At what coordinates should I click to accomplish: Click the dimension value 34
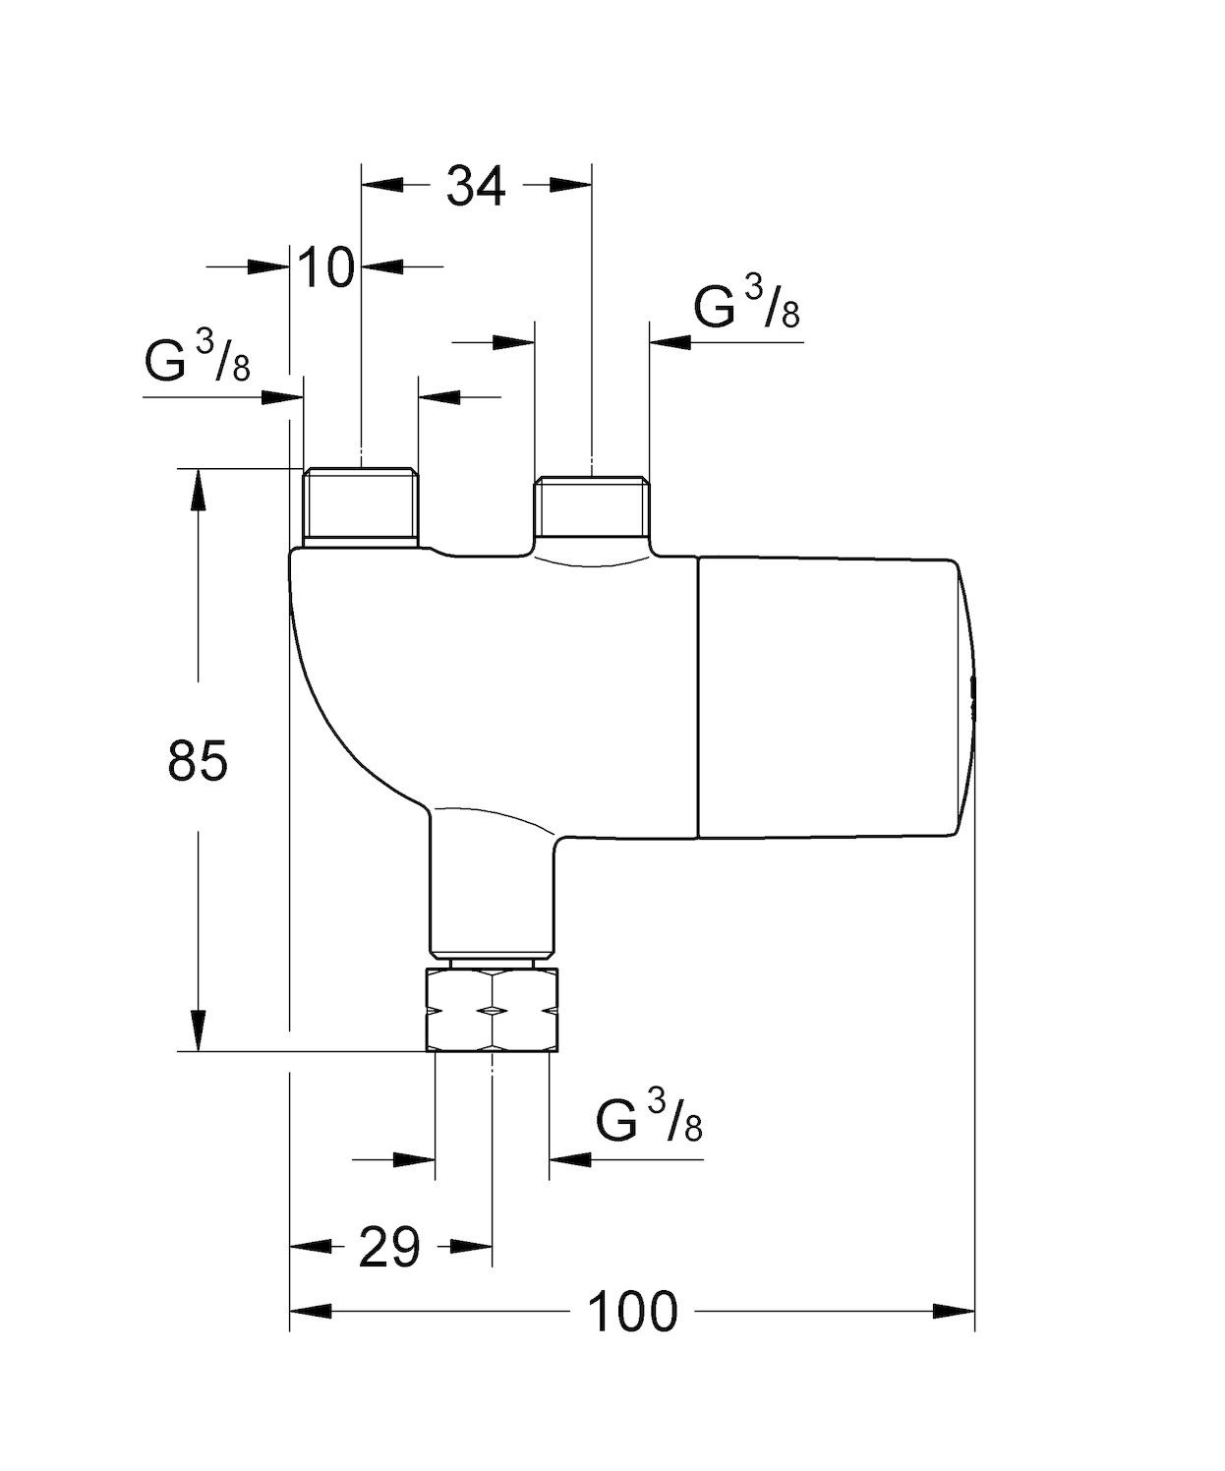(x=476, y=185)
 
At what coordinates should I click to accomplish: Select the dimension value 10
(x=325, y=266)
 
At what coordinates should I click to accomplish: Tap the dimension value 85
(x=198, y=759)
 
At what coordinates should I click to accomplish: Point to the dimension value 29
(x=389, y=1247)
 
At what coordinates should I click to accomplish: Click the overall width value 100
(x=632, y=1311)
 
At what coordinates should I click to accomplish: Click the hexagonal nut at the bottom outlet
(x=493, y=1011)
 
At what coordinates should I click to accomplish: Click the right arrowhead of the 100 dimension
(x=954, y=1311)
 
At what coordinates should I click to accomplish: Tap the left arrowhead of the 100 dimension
(x=311, y=1311)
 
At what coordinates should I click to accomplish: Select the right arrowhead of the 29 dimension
(x=472, y=1246)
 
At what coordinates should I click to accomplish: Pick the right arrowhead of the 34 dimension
(x=571, y=184)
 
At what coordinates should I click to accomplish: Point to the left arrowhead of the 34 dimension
(x=383, y=184)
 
